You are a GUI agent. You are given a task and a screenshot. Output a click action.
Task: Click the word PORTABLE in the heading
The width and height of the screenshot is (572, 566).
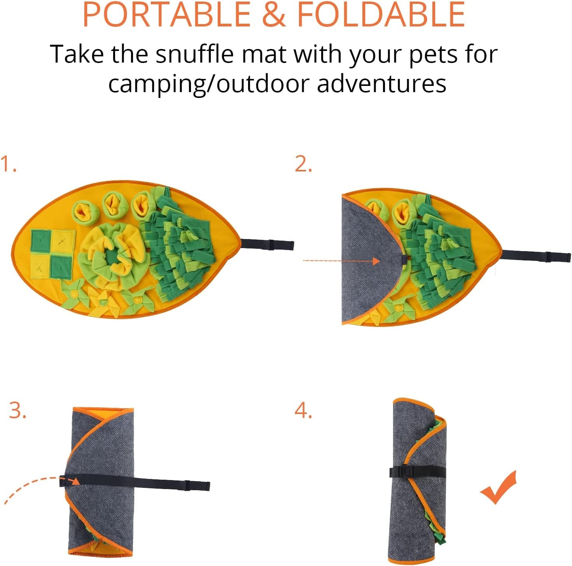(166, 15)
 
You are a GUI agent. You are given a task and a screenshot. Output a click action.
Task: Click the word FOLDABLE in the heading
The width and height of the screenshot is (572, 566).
(381, 15)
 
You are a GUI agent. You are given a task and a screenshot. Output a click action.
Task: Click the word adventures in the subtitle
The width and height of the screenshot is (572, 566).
(381, 84)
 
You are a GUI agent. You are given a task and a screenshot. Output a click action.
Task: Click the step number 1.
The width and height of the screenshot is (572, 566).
(8, 164)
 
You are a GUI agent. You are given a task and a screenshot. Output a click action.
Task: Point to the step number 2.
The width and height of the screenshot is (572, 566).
(303, 164)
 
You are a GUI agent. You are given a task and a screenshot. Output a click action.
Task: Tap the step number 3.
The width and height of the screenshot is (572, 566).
(17, 411)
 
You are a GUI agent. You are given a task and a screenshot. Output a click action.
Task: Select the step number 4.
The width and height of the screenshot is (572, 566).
(303, 411)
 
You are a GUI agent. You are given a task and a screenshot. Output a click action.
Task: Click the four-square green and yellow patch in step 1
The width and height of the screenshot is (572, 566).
(52, 254)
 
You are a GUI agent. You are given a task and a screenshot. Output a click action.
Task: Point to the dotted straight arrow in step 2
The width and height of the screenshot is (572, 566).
(340, 260)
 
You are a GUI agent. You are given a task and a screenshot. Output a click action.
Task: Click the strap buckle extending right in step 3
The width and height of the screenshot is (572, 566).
(188, 485)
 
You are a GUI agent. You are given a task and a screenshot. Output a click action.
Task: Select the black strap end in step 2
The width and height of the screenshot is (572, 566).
(548, 257)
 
